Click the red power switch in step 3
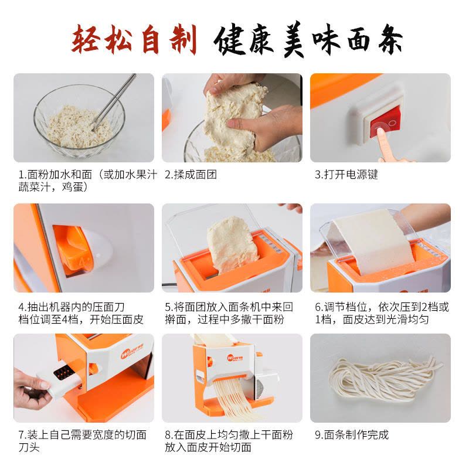[x=385, y=121]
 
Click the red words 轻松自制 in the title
[x=134, y=40]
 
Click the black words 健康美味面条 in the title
[x=308, y=40]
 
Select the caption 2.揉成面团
[x=191, y=174]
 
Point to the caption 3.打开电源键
[x=346, y=174]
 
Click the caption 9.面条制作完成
[x=352, y=434]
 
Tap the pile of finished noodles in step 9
[x=386, y=378]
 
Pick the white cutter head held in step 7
[x=64, y=377]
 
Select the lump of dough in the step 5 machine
[x=232, y=245]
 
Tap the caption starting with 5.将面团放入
[x=229, y=313]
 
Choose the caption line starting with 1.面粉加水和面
[x=87, y=174]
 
